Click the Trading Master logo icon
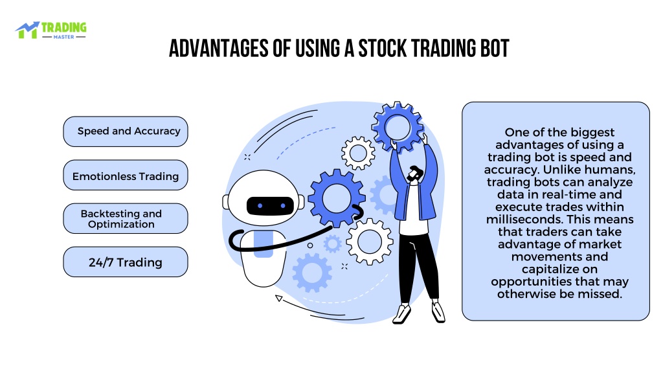27,30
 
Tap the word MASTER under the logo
64,37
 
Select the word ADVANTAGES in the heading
219,48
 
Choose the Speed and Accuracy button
126,131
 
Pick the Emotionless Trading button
126,175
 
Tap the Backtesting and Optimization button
126,219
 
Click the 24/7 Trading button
126,262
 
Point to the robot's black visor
270,206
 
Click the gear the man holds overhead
398,127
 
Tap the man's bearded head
415,174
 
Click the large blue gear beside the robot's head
337,198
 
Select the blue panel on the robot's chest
263,245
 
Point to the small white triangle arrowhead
278,298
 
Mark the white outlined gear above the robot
358,153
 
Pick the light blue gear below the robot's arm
312,273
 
